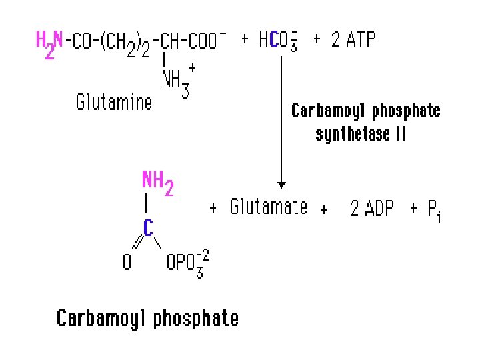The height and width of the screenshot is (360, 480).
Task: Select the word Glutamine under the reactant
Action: point(113,103)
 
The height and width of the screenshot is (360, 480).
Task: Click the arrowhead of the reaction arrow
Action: point(282,184)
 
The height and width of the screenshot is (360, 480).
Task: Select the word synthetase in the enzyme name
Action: point(353,134)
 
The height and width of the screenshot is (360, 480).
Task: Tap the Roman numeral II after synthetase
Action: point(400,133)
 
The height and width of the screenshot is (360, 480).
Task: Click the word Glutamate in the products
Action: point(269,207)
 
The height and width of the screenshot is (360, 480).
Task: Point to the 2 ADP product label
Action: point(371,209)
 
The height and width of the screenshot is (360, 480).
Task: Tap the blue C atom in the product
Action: point(149,227)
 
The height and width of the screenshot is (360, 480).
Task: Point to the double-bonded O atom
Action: point(127,263)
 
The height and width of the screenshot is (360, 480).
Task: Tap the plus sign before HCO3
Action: point(245,41)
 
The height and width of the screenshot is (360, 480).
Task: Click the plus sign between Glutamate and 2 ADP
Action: point(324,210)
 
